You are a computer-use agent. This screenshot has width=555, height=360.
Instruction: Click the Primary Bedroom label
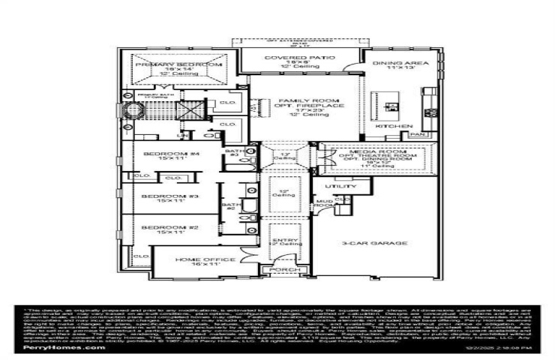click(179, 65)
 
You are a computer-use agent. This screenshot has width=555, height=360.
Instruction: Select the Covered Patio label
click(300, 58)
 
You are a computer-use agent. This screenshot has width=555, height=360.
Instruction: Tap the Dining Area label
click(400, 64)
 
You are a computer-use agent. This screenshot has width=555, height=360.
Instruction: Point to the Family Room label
click(301, 100)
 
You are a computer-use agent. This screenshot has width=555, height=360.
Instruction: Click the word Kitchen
click(394, 126)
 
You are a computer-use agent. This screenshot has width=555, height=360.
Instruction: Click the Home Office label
click(196, 259)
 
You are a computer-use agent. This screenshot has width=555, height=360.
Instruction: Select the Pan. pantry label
click(417, 134)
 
